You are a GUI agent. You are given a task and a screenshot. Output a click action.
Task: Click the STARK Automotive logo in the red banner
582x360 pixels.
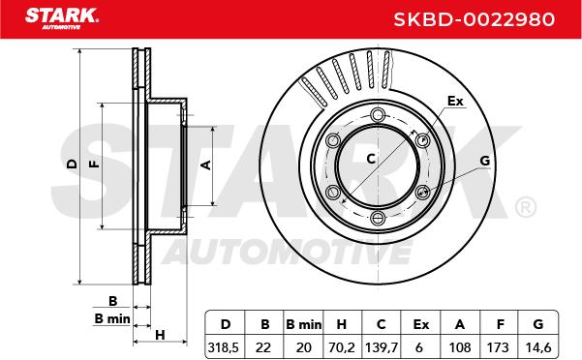click(62, 18)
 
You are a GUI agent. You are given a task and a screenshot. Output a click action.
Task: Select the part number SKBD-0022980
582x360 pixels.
click(474, 19)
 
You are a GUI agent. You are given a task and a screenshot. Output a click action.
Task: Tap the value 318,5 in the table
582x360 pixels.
click(224, 347)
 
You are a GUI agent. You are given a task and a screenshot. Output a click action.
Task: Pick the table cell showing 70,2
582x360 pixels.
click(342, 347)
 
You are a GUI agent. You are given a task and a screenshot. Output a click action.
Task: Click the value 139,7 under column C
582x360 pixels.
click(382, 347)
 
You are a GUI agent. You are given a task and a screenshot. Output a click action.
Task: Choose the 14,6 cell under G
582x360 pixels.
click(538, 347)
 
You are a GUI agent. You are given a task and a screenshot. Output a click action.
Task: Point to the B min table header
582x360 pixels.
click(304, 324)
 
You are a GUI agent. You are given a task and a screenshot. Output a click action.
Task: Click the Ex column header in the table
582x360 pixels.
click(421, 324)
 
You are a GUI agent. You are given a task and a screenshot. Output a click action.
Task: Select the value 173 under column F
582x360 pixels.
click(498, 347)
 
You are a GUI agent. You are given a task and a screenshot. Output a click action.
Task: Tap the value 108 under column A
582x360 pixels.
click(460, 347)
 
